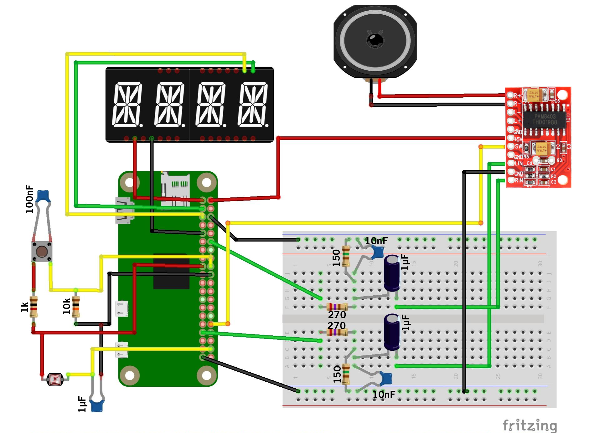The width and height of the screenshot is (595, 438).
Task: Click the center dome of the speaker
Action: tap(375, 40)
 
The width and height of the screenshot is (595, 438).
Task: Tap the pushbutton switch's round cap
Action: tap(42, 252)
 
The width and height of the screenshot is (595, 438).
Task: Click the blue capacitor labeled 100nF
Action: tap(43, 196)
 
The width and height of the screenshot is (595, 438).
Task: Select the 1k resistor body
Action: tap(34, 307)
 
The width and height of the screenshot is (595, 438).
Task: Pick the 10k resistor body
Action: tap(76, 307)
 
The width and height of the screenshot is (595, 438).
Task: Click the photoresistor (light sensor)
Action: tap(55, 379)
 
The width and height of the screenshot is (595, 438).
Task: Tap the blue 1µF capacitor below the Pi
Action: tap(97, 406)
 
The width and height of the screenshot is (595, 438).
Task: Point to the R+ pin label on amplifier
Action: tap(517, 95)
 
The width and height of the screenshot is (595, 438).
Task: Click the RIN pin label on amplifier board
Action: tap(519, 180)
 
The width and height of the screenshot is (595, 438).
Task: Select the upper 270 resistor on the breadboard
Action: tap(337, 307)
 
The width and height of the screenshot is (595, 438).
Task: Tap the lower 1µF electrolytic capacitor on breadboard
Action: tap(392, 332)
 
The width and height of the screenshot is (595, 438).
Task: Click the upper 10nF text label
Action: tap(376, 241)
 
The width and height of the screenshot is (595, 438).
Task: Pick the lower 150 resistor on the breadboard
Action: tap(346, 374)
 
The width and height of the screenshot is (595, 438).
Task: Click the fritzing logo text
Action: tap(530, 426)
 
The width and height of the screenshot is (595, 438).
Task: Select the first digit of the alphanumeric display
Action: tap(127, 105)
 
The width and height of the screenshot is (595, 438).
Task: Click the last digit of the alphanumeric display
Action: tap(253, 105)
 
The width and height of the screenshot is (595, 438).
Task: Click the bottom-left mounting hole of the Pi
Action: tap(130, 375)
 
